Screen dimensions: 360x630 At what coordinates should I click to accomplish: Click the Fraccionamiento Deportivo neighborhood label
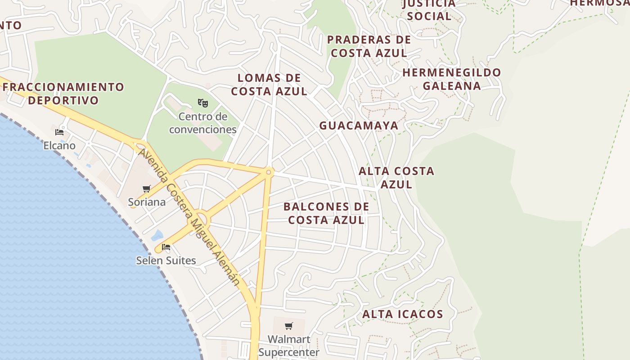(x=63, y=93)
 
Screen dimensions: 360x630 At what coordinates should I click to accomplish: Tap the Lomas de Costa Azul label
(x=269, y=85)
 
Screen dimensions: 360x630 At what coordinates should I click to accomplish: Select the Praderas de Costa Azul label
(x=369, y=46)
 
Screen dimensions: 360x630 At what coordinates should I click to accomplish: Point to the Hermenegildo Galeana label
(x=451, y=79)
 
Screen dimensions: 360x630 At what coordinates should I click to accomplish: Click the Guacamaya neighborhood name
(x=359, y=126)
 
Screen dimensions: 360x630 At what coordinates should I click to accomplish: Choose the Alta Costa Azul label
(x=396, y=177)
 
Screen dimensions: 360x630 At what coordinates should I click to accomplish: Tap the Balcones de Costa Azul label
(x=326, y=213)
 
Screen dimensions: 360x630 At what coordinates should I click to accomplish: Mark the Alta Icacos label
(x=403, y=314)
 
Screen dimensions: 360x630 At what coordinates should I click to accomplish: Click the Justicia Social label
(x=429, y=10)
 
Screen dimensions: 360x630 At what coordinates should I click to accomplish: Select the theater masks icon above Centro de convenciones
(x=203, y=103)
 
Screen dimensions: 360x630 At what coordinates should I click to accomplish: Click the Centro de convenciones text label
(x=203, y=123)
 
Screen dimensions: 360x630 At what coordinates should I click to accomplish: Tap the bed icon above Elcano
(x=59, y=132)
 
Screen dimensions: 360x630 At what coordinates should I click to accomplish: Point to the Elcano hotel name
(x=59, y=146)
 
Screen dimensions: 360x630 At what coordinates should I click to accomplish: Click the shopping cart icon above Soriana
(x=147, y=189)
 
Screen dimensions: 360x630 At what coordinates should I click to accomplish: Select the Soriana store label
(x=147, y=202)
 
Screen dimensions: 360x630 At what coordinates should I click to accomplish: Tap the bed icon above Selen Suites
(x=166, y=247)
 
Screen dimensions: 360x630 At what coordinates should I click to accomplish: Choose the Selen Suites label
(x=166, y=261)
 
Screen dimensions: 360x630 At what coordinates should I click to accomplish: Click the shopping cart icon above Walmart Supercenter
(x=289, y=326)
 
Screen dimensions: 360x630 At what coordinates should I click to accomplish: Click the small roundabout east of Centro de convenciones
(x=269, y=172)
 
